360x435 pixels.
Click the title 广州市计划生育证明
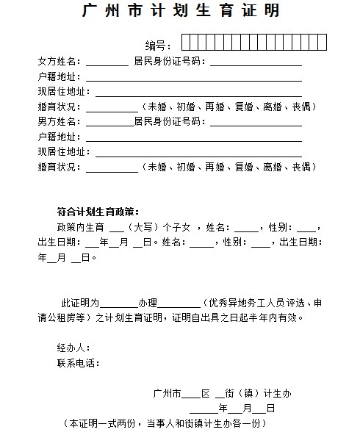(181, 12)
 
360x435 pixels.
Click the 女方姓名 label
(60, 61)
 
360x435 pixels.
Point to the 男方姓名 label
(60, 121)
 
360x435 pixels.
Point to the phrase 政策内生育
(81, 226)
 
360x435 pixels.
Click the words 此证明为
(80, 303)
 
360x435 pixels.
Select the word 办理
(147, 303)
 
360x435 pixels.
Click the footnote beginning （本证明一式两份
(164, 424)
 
